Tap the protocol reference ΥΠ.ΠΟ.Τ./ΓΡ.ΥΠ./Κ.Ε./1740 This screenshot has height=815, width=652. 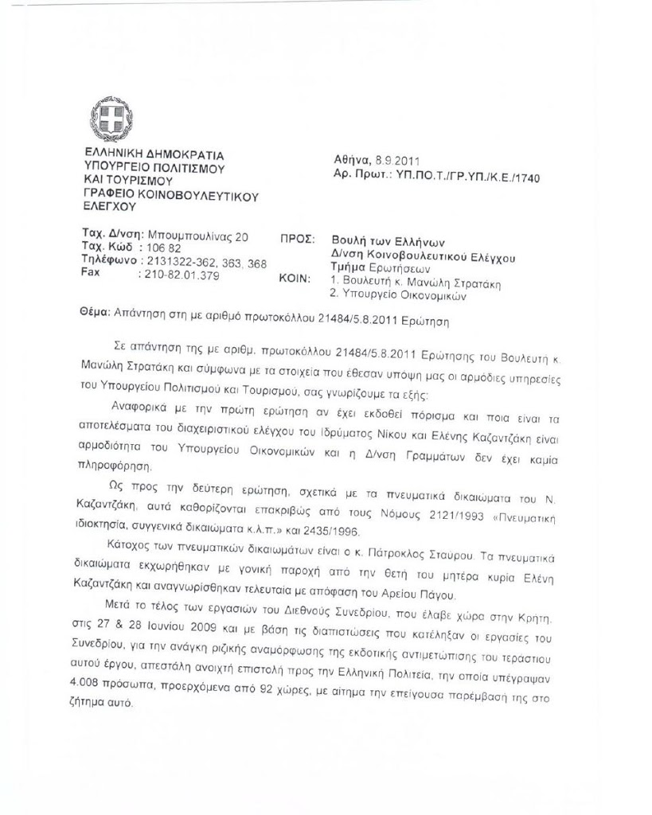pos(468,175)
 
